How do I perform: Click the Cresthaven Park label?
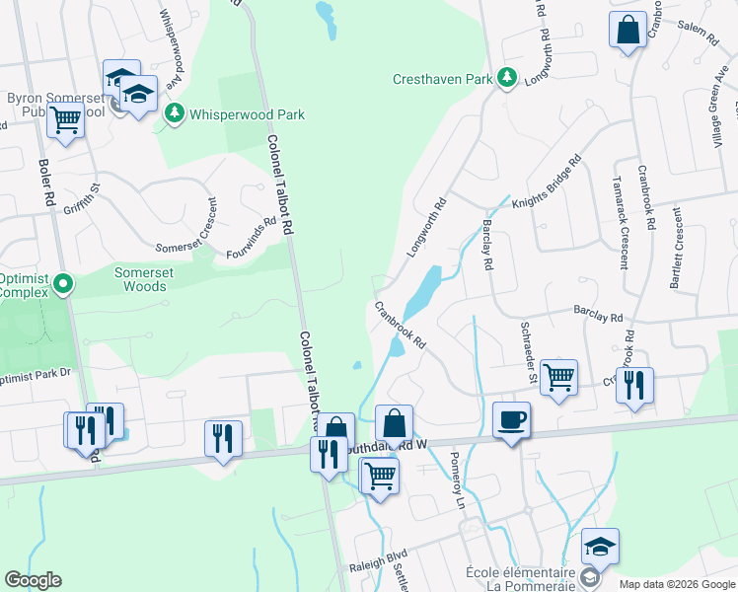click(x=442, y=78)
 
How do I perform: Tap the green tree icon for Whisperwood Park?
click(x=175, y=113)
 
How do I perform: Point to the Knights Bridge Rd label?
click(x=546, y=183)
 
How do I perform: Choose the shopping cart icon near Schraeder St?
click(x=558, y=376)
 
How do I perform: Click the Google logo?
click(x=33, y=580)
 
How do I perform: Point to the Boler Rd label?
click(x=46, y=183)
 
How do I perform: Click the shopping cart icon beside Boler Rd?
click(x=65, y=120)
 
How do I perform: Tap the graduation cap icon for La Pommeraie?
click(x=600, y=545)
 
